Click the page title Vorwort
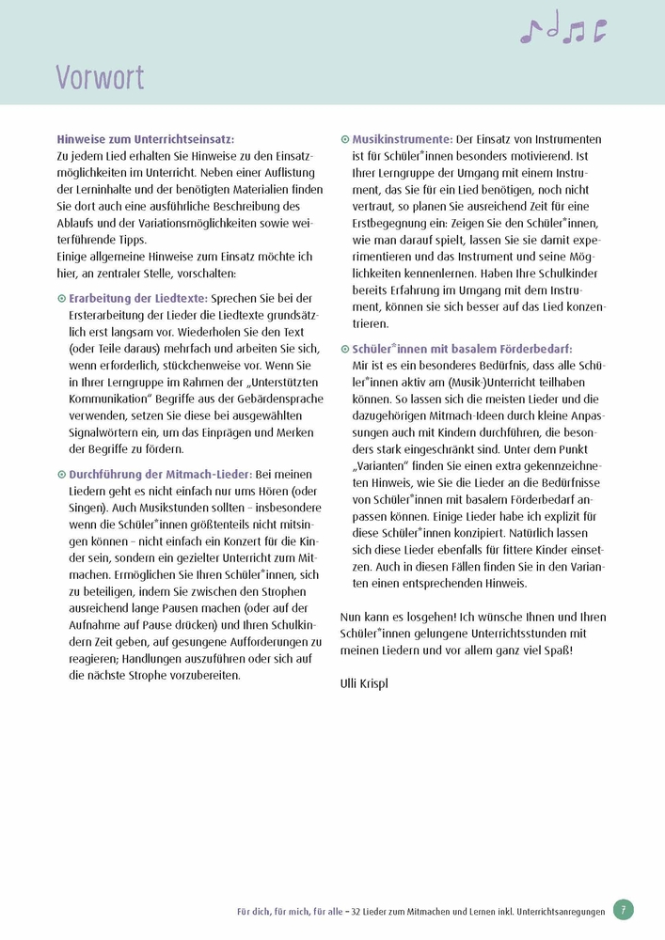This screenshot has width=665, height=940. point(100,76)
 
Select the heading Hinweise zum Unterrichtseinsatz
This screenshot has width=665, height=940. point(146,137)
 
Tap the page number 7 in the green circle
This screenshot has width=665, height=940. point(623,909)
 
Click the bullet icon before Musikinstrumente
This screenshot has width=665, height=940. point(344,138)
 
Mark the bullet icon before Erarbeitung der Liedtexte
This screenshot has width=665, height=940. point(61,298)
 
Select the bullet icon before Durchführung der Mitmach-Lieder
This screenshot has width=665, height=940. point(61,475)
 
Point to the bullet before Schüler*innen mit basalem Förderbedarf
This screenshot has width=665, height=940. point(344,349)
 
